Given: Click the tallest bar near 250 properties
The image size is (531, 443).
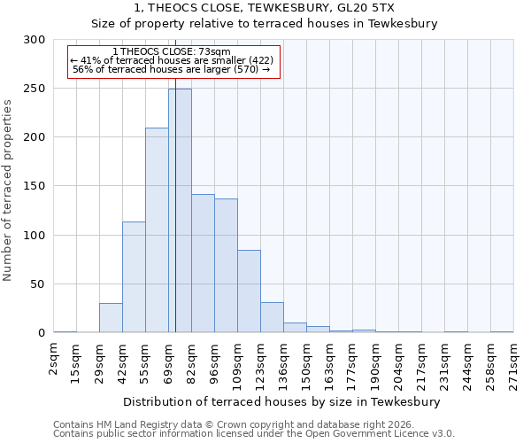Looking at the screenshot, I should click(x=180, y=211).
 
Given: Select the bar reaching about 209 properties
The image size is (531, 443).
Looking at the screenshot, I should click(x=157, y=230).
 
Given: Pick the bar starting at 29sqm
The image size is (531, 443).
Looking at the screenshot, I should click(x=111, y=317).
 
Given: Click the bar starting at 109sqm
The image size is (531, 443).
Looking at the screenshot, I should click(x=249, y=291).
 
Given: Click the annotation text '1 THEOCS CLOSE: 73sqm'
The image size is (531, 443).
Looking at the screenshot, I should click(x=173, y=51).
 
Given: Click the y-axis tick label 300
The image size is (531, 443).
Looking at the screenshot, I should click(x=35, y=40).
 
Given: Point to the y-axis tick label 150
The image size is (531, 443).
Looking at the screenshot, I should click(x=35, y=186).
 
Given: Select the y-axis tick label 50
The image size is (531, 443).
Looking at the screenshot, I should click(x=38, y=284).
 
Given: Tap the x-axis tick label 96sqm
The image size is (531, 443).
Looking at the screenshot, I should click(x=215, y=362).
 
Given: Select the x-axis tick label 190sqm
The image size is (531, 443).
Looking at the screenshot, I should click(x=376, y=365).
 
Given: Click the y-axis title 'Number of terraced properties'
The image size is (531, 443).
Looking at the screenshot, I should click(x=8, y=190).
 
